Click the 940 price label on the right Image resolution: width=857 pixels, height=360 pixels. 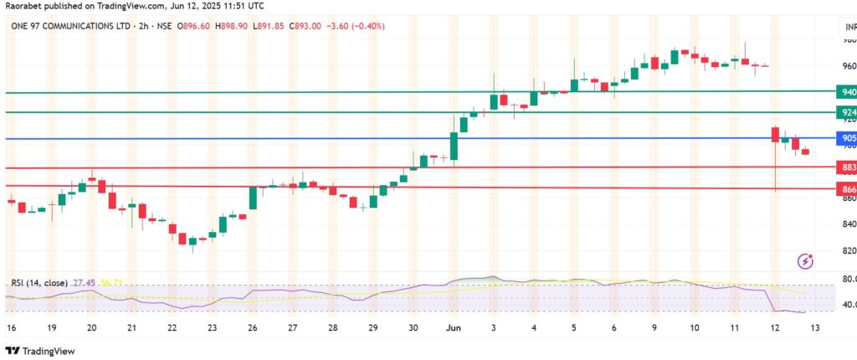(x=848, y=92)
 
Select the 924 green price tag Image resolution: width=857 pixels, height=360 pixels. (x=848, y=112)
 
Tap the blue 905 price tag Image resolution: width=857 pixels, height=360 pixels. (x=848, y=138)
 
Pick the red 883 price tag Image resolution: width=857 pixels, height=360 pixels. (x=848, y=167)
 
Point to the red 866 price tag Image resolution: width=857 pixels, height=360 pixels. (x=848, y=190)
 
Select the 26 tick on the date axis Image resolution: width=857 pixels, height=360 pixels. (x=252, y=328)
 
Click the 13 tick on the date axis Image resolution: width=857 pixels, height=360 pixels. (x=815, y=328)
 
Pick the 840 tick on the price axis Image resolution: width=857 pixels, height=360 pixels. (x=847, y=224)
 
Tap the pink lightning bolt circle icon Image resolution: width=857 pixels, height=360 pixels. (x=806, y=261)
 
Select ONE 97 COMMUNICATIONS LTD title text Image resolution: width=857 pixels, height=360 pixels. (x=71, y=25)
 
